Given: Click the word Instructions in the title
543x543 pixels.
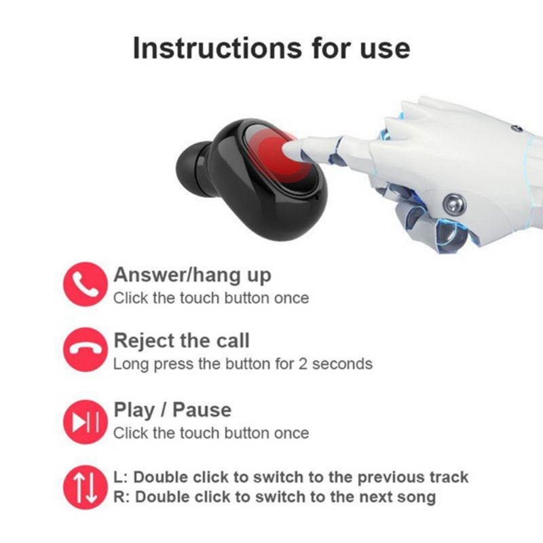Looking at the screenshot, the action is pos(217,48).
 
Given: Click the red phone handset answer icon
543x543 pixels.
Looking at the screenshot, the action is pos(86,284).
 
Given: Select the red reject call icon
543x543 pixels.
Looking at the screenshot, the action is pos(86,350).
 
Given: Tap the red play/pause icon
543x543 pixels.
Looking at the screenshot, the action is pos(86,422).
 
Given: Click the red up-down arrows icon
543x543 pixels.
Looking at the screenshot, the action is pos(86,487).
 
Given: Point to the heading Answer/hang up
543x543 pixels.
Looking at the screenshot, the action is pos(192,276).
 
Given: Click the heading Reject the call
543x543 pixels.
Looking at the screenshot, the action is pos(181,341).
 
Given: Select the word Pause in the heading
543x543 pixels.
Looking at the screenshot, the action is pos(202,410).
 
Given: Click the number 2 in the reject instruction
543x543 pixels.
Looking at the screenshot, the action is pos(303,364).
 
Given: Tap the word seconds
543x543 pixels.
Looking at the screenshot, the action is pos(342,364).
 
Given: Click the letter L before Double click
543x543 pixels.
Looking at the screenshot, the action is pos(119,477).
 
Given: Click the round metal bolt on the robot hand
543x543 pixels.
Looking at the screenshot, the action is pos(454,205).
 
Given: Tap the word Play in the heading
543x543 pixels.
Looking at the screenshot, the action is pos(134,411).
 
